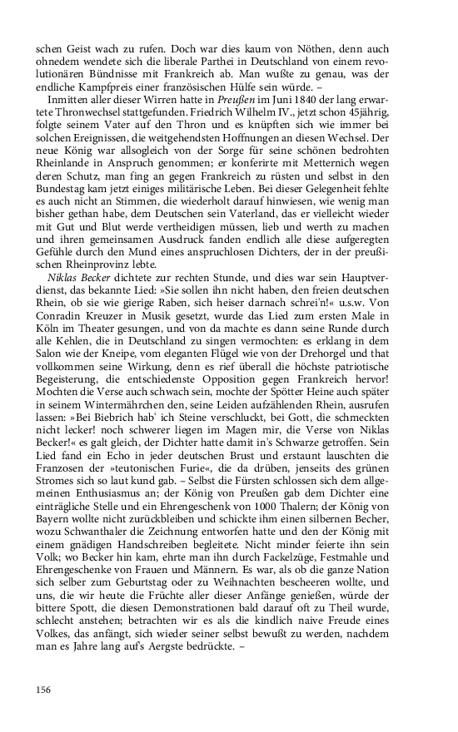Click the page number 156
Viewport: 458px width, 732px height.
coord(43,689)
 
